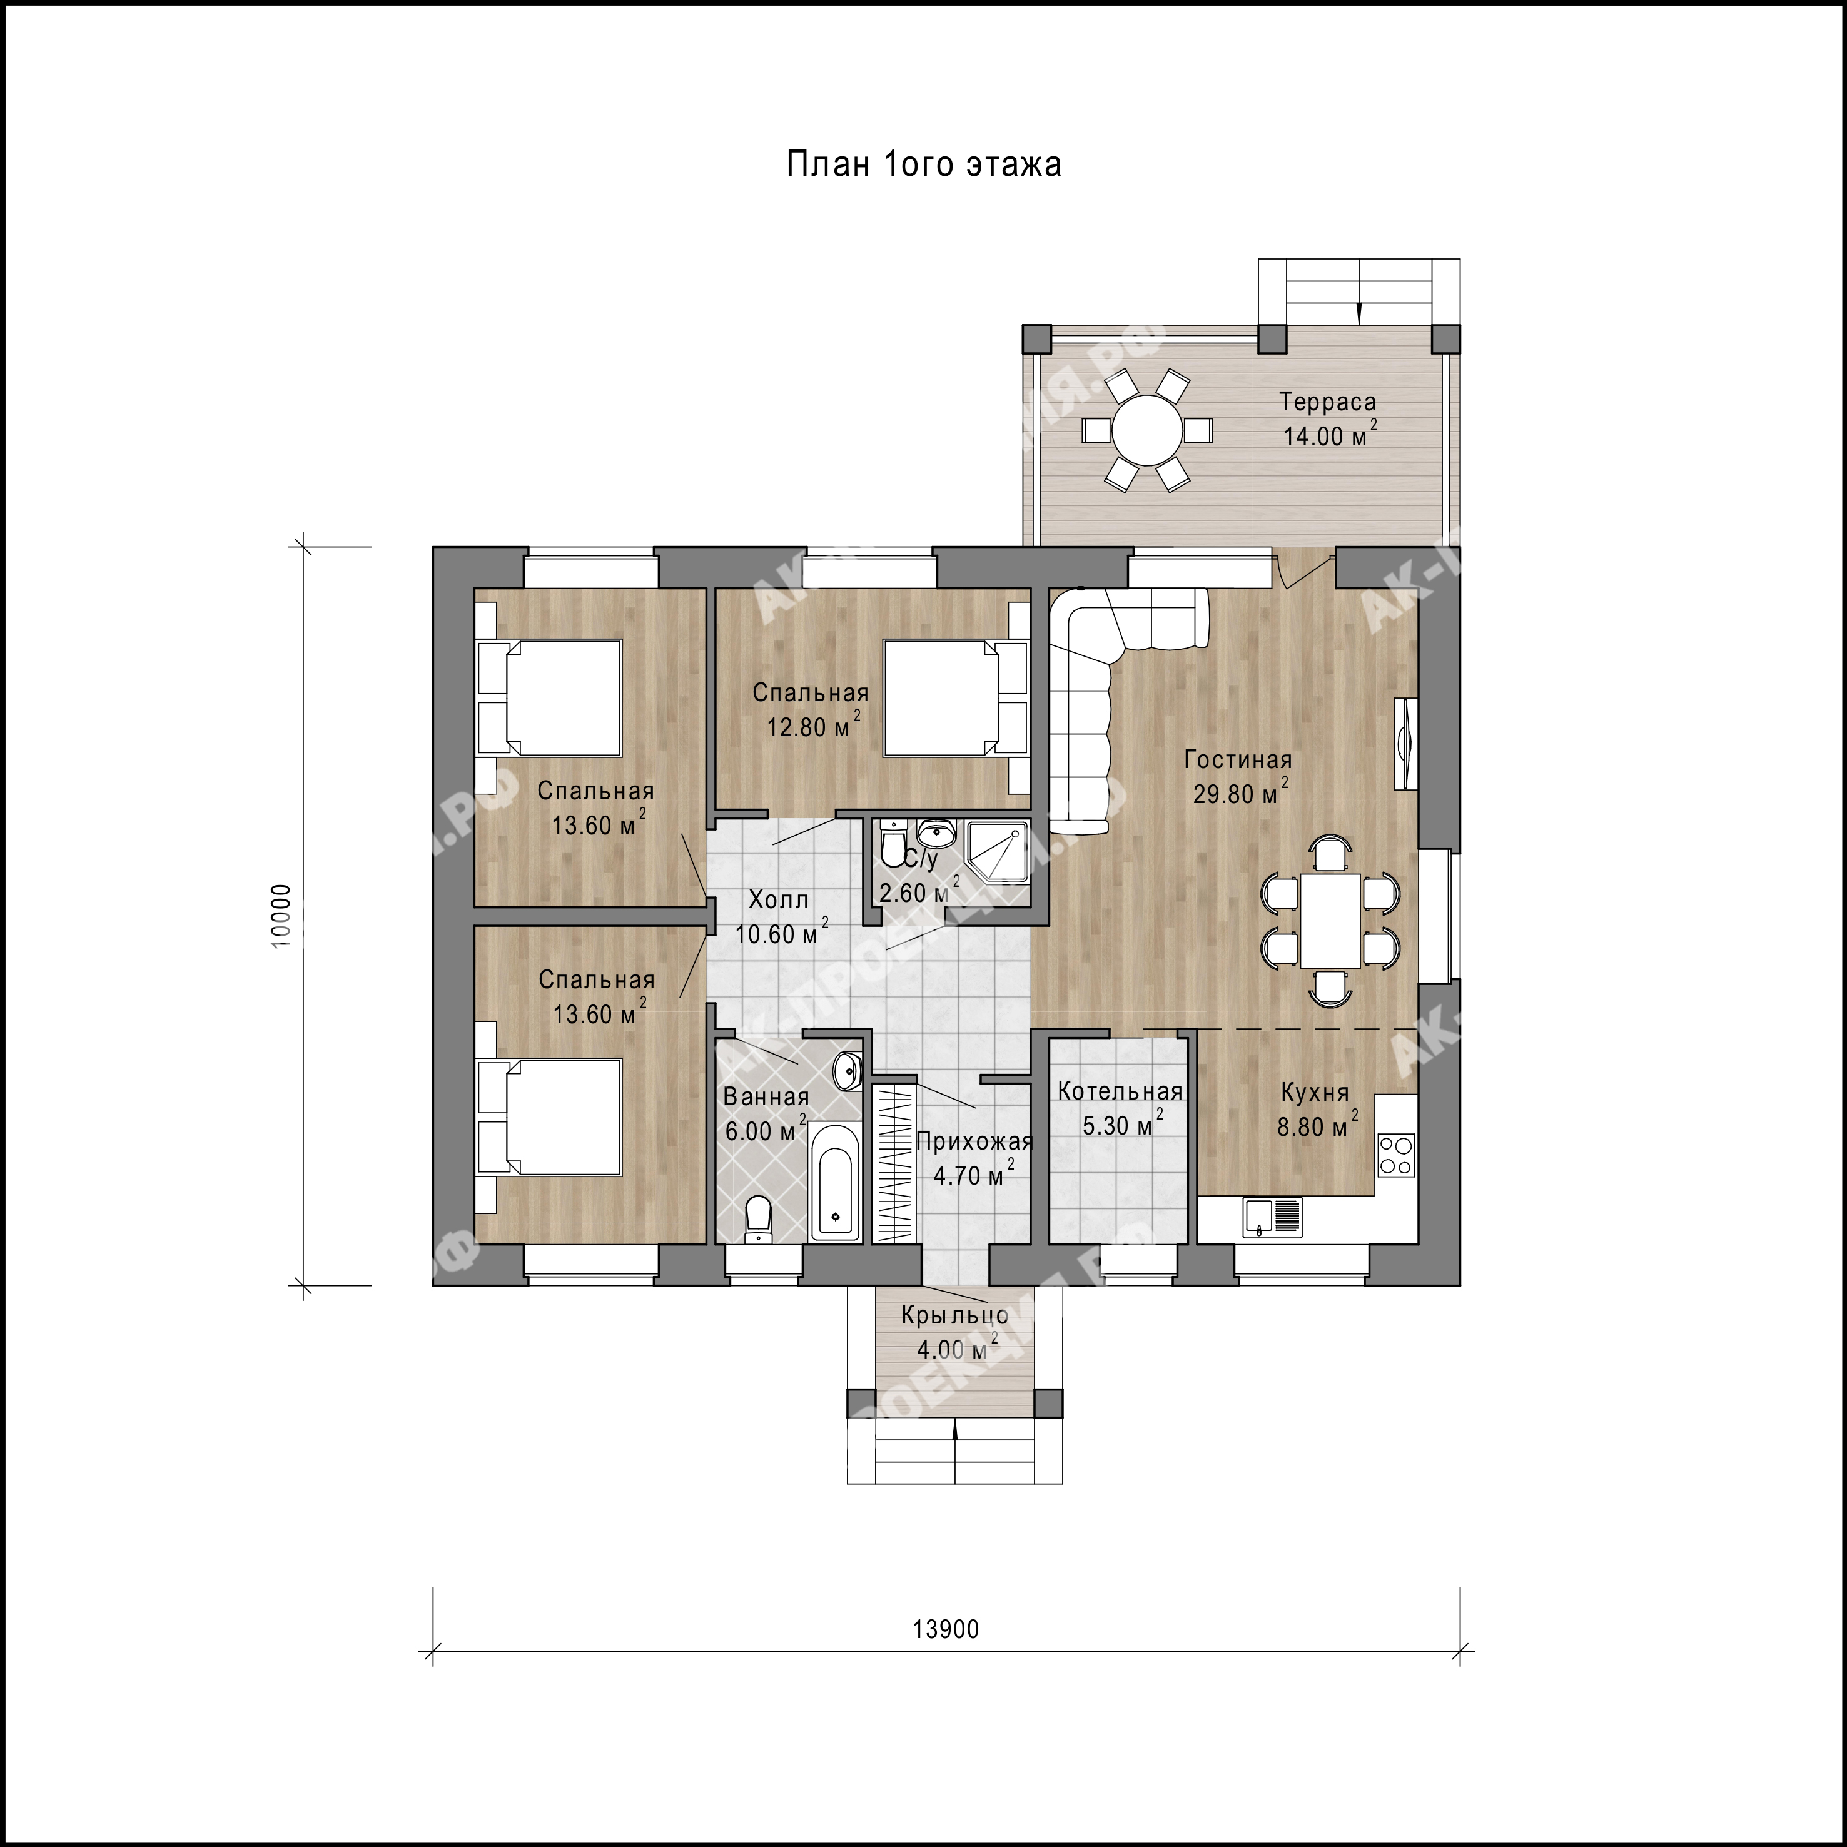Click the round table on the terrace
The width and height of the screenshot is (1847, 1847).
point(1146,431)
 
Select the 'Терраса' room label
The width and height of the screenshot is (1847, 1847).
point(1328,402)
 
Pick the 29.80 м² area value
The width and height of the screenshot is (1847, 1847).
point(1240,792)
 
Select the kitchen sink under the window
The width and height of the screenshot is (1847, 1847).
point(1272,1217)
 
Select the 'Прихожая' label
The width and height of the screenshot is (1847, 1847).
point(974,1141)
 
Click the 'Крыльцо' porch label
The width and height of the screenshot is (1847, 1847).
point(954,1315)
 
